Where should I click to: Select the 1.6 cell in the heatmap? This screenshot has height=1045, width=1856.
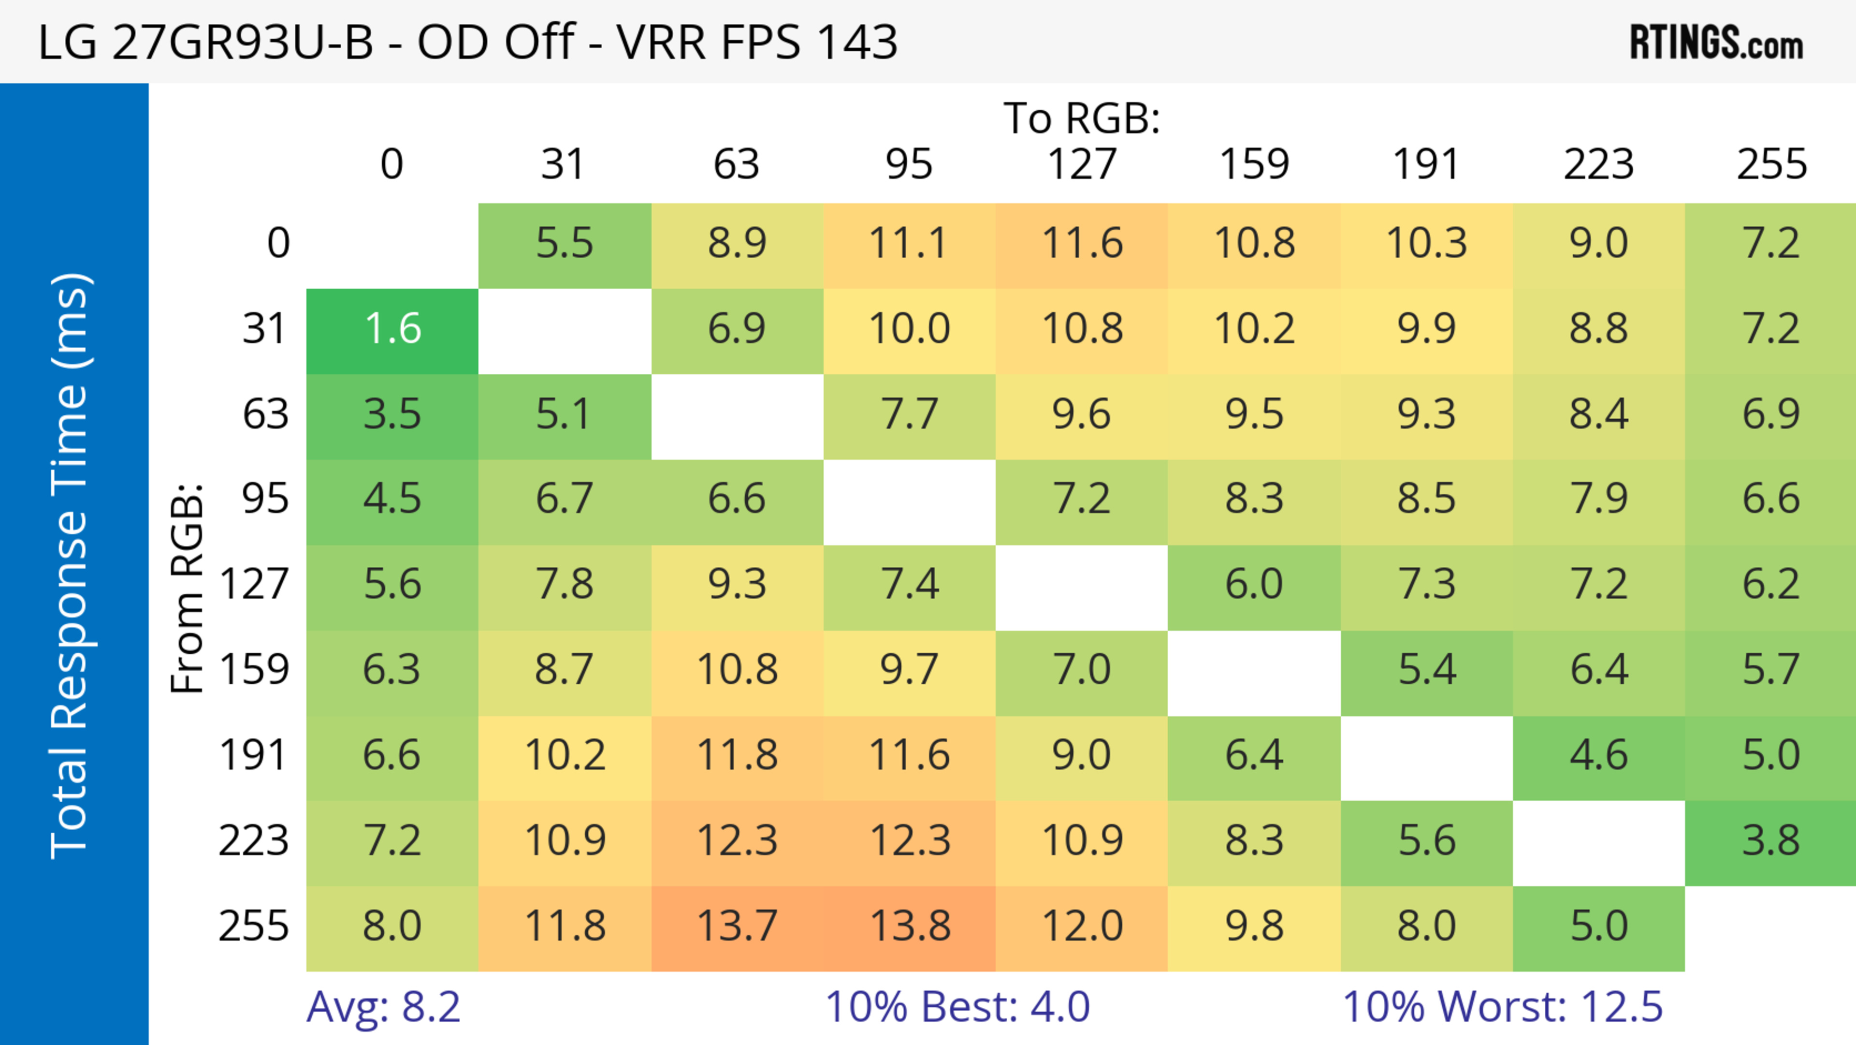click(x=392, y=329)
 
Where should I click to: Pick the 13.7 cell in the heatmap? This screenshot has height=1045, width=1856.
click(x=737, y=926)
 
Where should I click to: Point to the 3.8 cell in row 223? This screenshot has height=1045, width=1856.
click(x=1771, y=841)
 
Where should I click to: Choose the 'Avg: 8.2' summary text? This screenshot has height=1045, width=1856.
click(x=383, y=1007)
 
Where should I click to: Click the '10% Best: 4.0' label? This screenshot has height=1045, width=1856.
click(x=957, y=1007)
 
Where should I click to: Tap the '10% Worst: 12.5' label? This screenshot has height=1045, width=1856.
click(x=1502, y=1007)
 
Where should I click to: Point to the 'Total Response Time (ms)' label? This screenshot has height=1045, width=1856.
click(x=71, y=566)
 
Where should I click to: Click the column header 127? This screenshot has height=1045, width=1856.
click(x=1082, y=164)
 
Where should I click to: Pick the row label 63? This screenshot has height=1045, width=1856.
click(x=265, y=414)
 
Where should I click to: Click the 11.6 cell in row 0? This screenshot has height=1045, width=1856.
click(x=1082, y=244)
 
